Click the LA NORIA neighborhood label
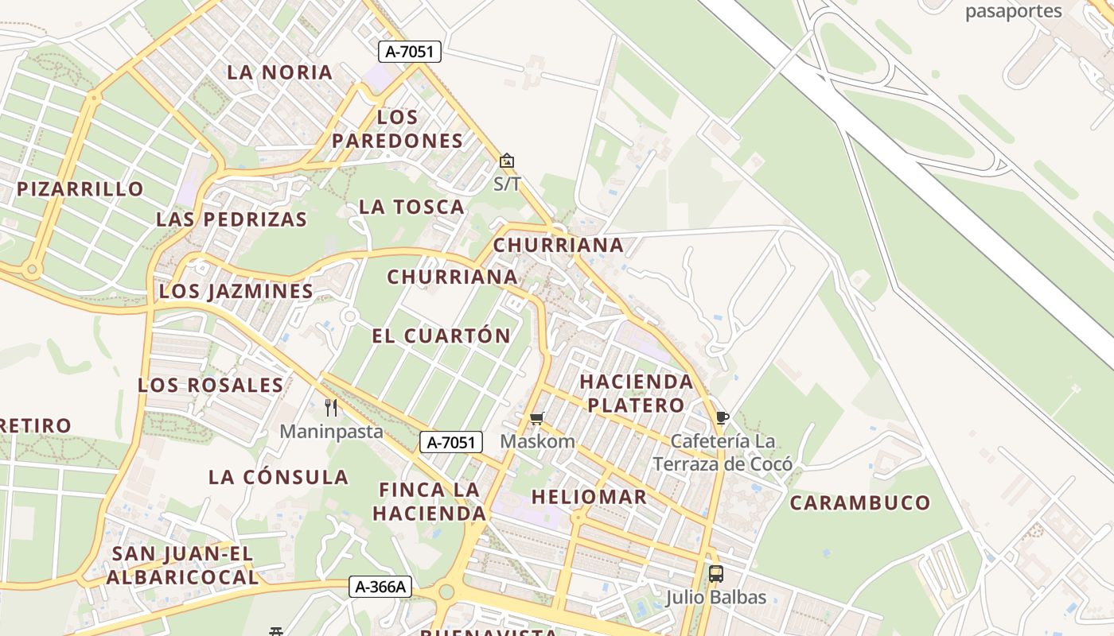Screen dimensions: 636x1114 [x=279, y=72]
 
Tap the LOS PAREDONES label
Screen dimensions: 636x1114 [x=397, y=129]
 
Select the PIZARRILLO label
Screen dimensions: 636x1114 [x=80, y=189]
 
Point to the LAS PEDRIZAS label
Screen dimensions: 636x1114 [x=232, y=219]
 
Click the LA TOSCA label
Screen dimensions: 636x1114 [x=411, y=207]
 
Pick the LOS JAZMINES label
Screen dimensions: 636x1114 [x=236, y=291]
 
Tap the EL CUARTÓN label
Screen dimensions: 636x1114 [x=441, y=335]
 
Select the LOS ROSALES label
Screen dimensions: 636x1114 [x=211, y=386]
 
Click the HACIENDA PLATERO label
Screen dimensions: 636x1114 [x=636, y=394]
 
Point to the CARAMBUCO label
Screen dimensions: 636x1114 [x=859, y=502]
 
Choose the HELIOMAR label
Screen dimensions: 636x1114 [x=589, y=498]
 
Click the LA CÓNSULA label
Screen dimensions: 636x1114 [x=278, y=478]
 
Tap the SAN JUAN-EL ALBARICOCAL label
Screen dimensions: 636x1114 [x=183, y=565]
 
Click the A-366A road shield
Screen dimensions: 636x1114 [x=381, y=588]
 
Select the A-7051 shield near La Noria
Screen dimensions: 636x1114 [x=409, y=52]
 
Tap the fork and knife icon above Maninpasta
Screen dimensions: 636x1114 [x=331, y=408]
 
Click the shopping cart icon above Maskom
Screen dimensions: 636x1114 [x=537, y=418]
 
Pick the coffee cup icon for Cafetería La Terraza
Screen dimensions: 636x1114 [x=722, y=417]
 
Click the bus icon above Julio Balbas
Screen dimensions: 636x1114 [x=716, y=573]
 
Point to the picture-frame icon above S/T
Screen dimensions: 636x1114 [x=507, y=161]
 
